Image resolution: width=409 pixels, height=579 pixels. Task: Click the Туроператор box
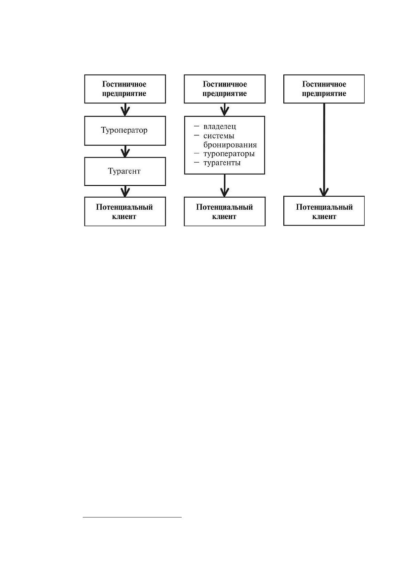tap(125, 131)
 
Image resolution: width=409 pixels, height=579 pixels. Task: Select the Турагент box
tap(125, 171)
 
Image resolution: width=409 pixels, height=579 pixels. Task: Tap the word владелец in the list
tap(220, 127)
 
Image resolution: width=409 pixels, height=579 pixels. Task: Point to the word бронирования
tap(230, 145)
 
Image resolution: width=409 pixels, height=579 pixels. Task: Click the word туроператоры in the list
tap(229, 154)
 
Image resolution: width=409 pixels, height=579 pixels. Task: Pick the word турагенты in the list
tap(222, 163)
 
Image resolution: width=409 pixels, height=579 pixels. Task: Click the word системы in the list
tap(219, 136)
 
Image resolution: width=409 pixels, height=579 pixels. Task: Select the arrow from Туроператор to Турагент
tap(125, 151)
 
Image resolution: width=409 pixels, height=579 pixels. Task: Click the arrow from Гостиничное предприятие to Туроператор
tap(125, 110)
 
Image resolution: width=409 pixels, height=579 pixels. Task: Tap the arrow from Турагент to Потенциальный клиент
tap(125, 191)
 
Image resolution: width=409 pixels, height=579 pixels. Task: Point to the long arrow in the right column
tap(324, 150)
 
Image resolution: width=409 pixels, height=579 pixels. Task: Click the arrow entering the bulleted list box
tap(225, 110)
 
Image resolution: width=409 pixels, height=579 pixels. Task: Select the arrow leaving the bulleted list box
tap(225, 186)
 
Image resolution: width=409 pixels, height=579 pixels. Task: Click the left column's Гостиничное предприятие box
tap(125, 89)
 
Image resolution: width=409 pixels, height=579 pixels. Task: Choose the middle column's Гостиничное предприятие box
tap(225, 89)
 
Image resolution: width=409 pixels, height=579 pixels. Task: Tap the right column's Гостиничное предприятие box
tap(324, 89)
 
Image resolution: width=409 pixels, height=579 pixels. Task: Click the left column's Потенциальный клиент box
tap(125, 211)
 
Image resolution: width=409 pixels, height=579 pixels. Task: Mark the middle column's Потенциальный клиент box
tap(225, 211)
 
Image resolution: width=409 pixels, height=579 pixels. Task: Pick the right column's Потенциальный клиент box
tap(324, 211)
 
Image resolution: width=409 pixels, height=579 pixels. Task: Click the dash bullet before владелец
tap(196, 127)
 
